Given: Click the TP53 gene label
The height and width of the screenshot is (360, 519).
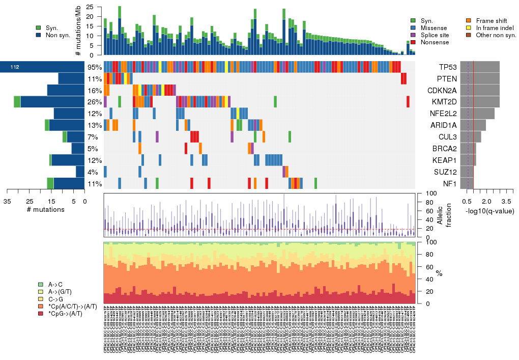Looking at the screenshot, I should [447, 67].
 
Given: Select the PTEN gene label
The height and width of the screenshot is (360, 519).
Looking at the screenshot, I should [447, 79].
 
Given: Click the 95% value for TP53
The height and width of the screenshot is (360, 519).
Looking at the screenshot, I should [95, 67].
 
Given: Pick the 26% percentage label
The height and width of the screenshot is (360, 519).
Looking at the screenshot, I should [95, 102].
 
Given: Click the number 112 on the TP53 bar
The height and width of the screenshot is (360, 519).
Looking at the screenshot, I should [14, 67].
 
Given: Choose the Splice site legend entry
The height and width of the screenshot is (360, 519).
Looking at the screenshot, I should [434, 35].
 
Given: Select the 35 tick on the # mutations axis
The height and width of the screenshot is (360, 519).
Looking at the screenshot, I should [7, 202].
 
